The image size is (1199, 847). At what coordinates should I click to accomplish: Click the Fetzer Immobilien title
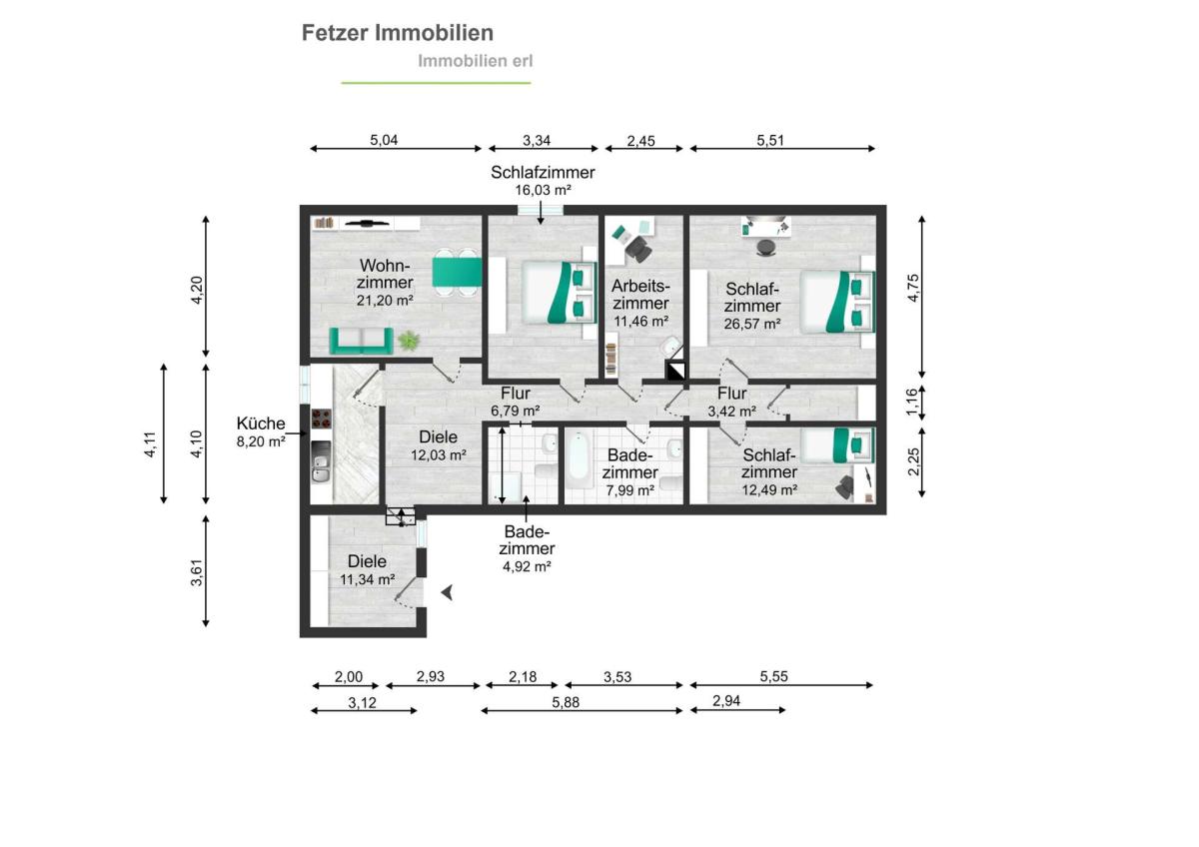point(398,33)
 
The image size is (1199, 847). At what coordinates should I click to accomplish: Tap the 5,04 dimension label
point(384,140)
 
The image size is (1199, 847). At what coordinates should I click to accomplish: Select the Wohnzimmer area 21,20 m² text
point(385,301)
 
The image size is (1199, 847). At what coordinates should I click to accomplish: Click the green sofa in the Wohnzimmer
point(362,341)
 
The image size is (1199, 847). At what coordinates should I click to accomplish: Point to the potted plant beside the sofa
point(409,341)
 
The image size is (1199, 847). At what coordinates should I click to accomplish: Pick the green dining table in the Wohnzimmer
point(458,273)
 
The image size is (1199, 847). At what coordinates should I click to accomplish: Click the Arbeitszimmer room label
point(640,295)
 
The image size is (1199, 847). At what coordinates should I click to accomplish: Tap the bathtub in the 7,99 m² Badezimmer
point(580,459)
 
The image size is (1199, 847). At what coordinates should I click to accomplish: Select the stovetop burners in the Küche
point(321,419)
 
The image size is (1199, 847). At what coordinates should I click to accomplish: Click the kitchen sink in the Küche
point(321,467)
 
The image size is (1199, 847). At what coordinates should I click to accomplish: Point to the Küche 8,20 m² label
point(261,431)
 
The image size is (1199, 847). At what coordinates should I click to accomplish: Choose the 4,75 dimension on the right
point(913,288)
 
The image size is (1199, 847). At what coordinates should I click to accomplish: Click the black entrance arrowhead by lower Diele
point(448,592)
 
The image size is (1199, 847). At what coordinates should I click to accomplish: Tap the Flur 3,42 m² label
point(731,403)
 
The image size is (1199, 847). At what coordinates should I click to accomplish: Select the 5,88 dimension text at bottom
point(566,702)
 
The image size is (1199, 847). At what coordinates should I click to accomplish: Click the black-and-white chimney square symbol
point(675,372)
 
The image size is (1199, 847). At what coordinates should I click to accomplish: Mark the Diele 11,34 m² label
point(368,570)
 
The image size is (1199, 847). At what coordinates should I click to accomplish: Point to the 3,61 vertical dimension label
point(197,572)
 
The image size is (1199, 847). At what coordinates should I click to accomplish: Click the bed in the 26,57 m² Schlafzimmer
point(837,302)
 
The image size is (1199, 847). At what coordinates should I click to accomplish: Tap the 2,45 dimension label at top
point(640,141)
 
